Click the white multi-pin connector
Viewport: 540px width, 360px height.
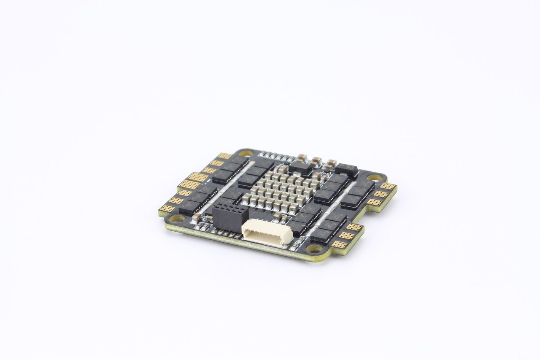click(x=267, y=232)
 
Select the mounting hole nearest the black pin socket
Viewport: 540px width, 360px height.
click(x=177, y=218)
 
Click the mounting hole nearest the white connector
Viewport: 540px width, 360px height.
click(x=315, y=249)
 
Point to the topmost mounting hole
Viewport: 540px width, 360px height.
click(x=245, y=153)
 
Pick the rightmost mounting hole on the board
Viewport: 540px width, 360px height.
click(x=374, y=178)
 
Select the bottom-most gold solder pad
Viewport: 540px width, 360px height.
click(x=339, y=244)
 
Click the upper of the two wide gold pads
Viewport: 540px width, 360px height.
click(x=197, y=177)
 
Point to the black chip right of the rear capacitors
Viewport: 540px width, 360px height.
click(x=346, y=169)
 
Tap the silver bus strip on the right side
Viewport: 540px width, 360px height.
click(x=331, y=207)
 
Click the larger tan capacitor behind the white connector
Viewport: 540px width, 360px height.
click(x=277, y=217)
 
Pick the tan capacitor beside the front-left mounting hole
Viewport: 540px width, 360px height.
click(x=196, y=217)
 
